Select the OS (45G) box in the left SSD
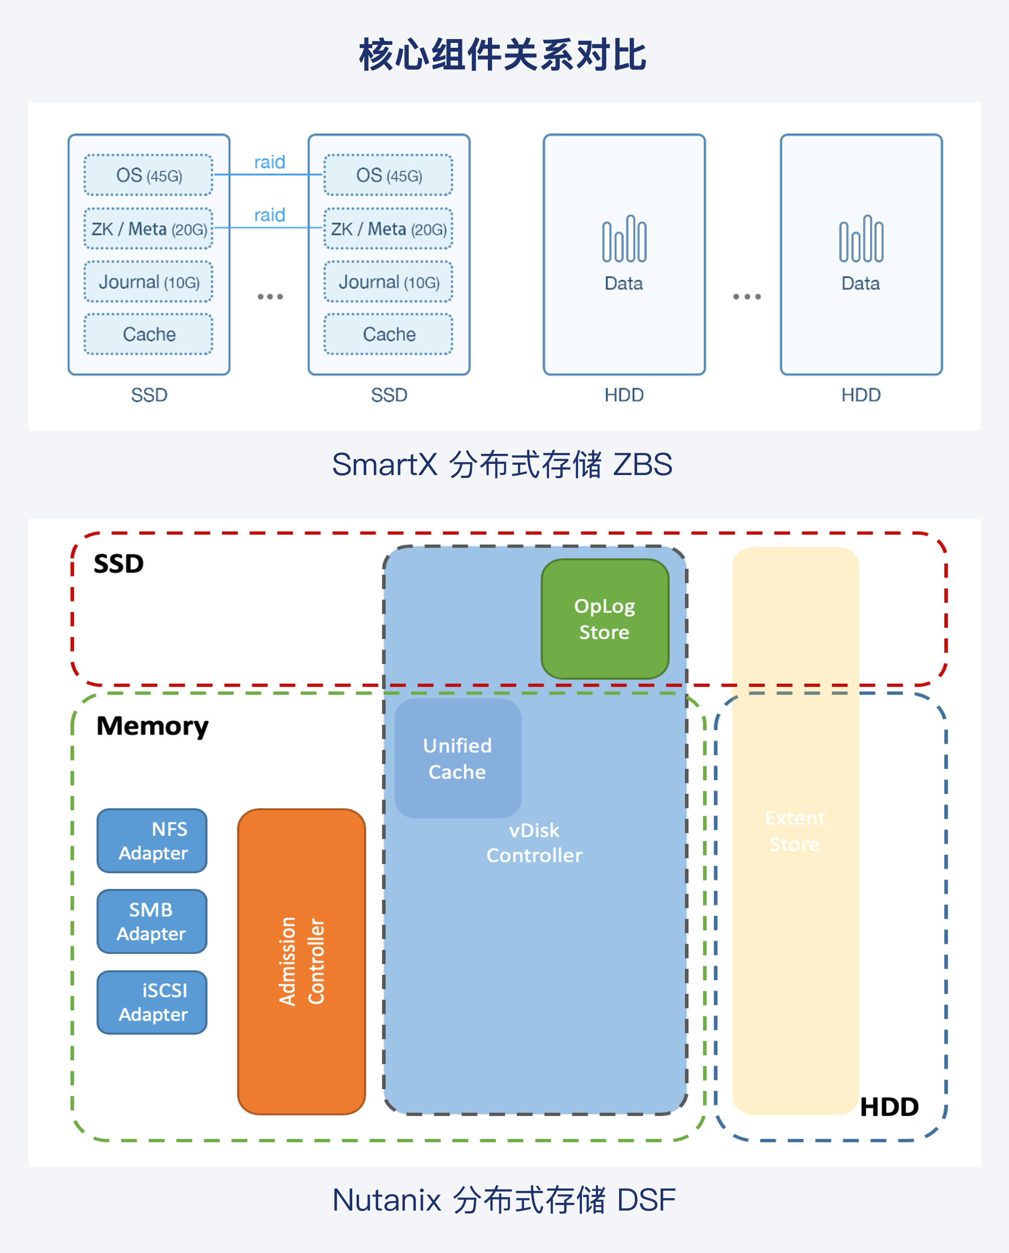[x=149, y=175]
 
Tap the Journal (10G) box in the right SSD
[x=388, y=282]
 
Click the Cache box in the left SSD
[x=149, y=334]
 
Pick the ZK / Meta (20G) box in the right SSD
[x=388, y=229]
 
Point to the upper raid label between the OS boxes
[x=269, y=162]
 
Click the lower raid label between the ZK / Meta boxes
[x=269, y=215]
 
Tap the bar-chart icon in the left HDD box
[x=624, y=239]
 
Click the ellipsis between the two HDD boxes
[x=746, y=297]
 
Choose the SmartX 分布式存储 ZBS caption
[x=502, y=464]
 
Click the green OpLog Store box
[x=605, y=619]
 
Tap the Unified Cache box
[x=457, y=759]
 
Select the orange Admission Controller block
[x=301, y=961]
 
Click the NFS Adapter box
[x=152, y=841]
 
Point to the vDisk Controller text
[x=534, y=843]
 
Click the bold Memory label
[x=152, y=726]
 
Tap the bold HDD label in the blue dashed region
[x=889, y=1107]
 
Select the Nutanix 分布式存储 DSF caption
[x=504, y=1200]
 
